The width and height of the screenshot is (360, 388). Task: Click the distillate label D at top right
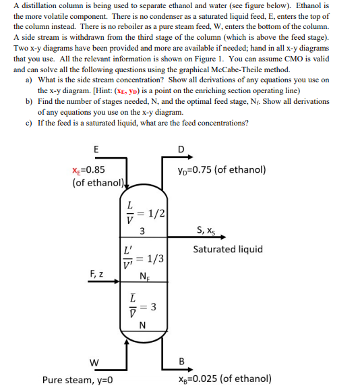(180, 149)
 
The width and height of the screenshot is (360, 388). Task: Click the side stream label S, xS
(205, 231)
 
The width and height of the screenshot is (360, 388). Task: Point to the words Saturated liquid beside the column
(228, 249)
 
